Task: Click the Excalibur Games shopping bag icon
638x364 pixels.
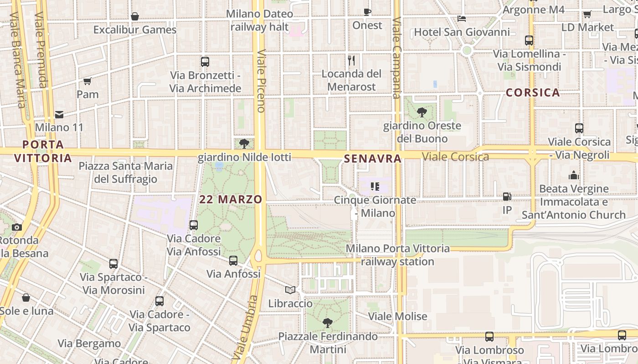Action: [x=135, y=16]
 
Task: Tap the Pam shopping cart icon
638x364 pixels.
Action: [x=87, y=81]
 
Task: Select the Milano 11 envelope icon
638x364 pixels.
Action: [x=59, y=114]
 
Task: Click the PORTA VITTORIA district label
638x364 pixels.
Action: [x=43, y=152]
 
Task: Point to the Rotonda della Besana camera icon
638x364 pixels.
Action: [x=17, y=227]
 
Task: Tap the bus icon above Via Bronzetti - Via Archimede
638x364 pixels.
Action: [x=205, y=62]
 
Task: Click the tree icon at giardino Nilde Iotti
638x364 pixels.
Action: [x=244, y=144]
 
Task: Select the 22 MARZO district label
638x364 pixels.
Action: [x=231, y=199]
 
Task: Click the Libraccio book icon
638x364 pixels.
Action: [x=290, y=290]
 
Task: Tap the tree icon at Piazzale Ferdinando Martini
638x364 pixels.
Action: [x=327, y=323]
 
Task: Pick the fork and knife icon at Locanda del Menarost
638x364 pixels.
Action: [x=351, y=60]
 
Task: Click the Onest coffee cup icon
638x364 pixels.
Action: [x=367, y=12]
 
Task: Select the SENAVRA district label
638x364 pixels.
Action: [x=373, y=159]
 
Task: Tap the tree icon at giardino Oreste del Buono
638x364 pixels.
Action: [x=422, y=112]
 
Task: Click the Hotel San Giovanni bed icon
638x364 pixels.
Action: [x=462, y=19]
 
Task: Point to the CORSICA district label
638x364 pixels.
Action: [x=533, y=93]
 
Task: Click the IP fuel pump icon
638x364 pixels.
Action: [x=507, y=197]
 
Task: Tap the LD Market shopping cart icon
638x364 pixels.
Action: [x=587, y=14]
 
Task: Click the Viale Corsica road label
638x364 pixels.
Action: [x=455, y=157]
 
